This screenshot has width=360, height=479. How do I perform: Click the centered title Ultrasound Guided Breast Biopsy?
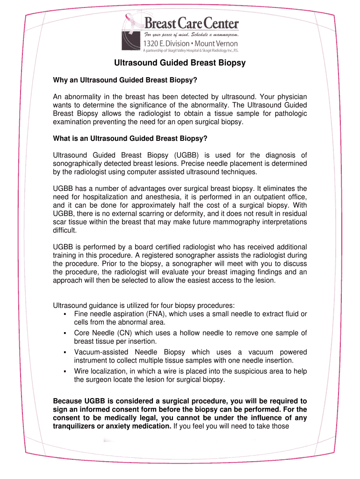[180, 63]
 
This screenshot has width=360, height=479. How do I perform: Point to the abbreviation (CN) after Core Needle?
[122, 333]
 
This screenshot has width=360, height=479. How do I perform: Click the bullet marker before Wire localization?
[65, 371]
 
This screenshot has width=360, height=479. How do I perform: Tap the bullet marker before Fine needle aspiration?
[65, 314]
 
